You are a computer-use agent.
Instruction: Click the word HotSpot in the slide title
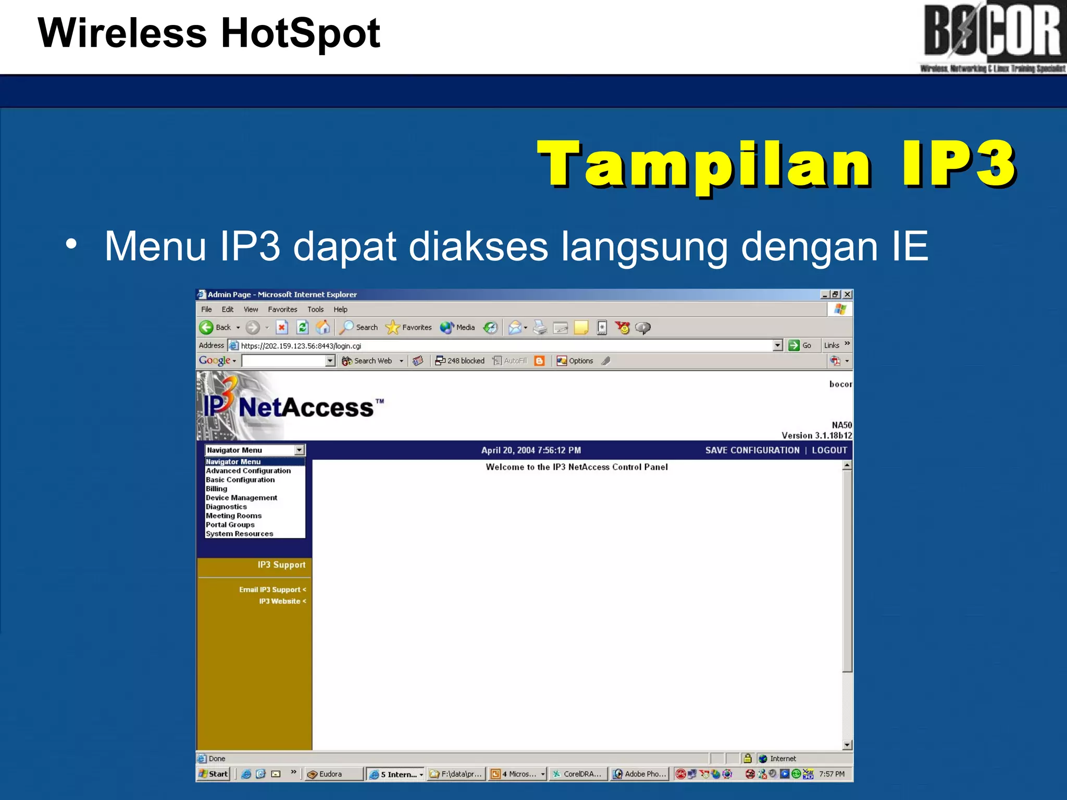[301, 33]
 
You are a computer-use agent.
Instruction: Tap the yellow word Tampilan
[704, 164]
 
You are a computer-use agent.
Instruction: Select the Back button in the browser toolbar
[216, 328]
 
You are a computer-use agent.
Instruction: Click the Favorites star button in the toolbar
[408, 328]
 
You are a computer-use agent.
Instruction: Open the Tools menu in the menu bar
[315, 309]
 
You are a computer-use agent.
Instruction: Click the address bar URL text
[301, 346]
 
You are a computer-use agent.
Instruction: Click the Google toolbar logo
[214, 360]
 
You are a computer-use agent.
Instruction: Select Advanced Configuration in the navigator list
[248, 471]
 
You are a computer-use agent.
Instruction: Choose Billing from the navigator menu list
[216, 489]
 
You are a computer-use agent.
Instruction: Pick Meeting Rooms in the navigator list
[233, 516]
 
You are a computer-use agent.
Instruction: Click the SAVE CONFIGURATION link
[752, 450]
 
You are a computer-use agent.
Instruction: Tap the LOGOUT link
[829, 450]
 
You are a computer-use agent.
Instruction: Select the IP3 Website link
[280, 601]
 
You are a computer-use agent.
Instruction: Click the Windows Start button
[214, 774]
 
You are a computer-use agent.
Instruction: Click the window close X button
[848, 294]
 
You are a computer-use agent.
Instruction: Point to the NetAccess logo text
[306, 407]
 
